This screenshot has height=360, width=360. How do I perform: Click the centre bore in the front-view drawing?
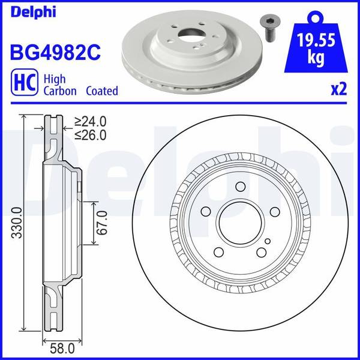(239, 223)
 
